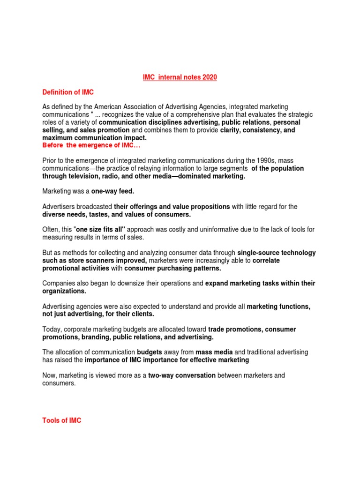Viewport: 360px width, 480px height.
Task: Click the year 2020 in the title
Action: coord(209,77)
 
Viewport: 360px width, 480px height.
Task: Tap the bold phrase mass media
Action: coord(213,352)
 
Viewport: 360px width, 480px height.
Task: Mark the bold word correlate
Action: coord(266,260)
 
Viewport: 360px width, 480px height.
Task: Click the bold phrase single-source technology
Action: coord(276,252)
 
